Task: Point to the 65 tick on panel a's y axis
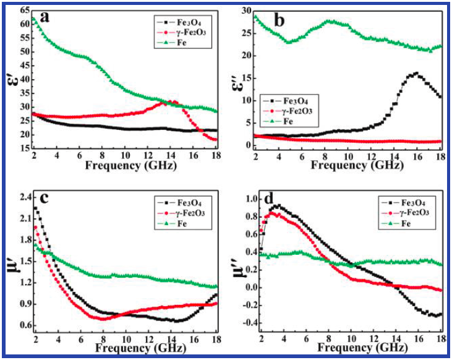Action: (x=23, y=11)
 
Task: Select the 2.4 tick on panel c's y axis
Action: (x=22, y=198)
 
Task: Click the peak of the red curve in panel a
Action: (x=172, y=101)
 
